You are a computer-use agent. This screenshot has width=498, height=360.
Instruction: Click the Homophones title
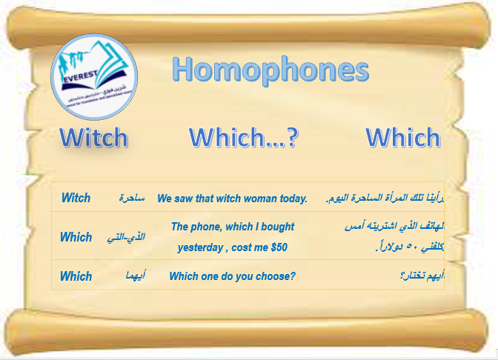pyautogui.click(x=270, y=71)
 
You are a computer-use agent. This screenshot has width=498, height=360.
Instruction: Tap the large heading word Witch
pyautogui.click(x=93, y=138)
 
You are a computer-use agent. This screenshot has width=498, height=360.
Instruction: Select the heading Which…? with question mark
pyautogui.click(x=242, y=138)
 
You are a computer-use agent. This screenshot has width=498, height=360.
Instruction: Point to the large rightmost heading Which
pyautogui.click(x=402, y=138)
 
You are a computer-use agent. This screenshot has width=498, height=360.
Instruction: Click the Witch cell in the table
pyautogui.click(x=76, y=198)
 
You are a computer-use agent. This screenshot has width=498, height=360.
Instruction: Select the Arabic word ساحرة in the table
pyautogui.click(x=132, y=199)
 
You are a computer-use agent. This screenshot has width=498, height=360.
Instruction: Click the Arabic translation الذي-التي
pyautogui.click(x=132, y=237)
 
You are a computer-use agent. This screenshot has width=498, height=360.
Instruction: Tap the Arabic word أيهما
pyautogui.click(x=134, y=276)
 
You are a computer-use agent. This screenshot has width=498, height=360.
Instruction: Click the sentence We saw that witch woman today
pyautogui.click(x=232, y=199)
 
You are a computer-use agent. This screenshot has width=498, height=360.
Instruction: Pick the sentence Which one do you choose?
pyautogui.click(x=232, y=276)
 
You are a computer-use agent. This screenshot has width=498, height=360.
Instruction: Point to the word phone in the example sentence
pyautogui.click(x=205, y=227)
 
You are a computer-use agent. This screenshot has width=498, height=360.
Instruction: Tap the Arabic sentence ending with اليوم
pyautogui.click(x=385, y=199)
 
